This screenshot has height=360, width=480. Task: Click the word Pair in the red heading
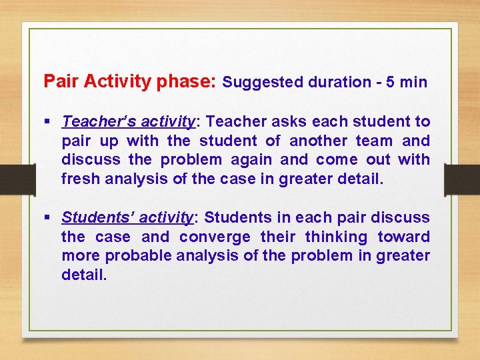(x=57, y=82)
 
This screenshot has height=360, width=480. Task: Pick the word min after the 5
(x=414, y=83)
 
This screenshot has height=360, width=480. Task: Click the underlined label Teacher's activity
(x=127, y=122)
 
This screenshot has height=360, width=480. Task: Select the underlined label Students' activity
(x=127, y=218)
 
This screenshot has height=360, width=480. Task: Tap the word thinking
(x=337, y=237)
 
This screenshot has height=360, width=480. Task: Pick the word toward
(x=404, y=237)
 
